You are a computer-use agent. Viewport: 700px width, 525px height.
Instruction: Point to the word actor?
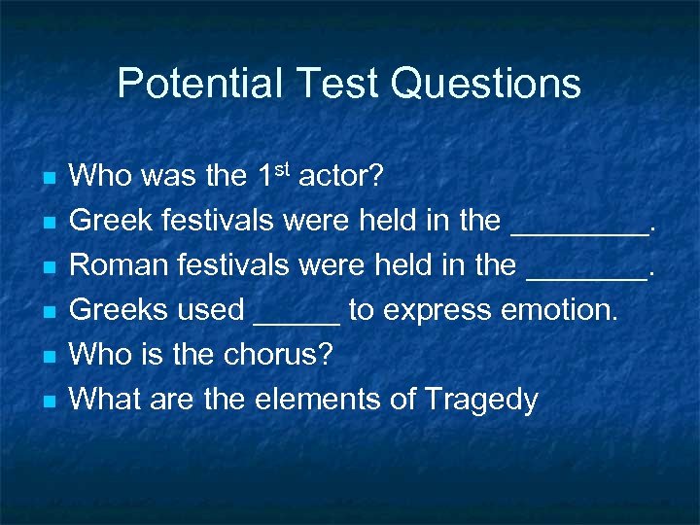point(341,177)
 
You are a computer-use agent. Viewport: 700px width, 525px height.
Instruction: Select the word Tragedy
point(482,400)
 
